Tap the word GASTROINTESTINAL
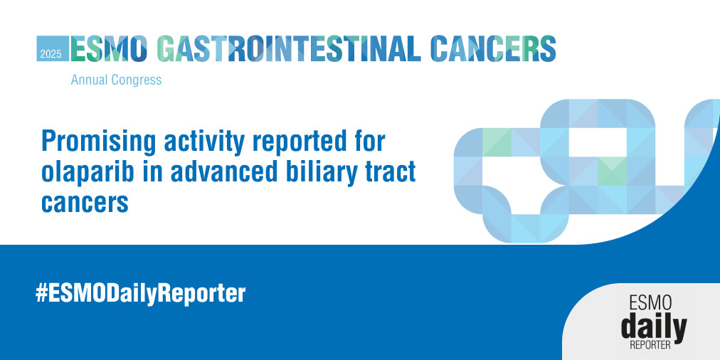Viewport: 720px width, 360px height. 289,48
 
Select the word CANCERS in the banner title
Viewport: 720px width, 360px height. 494,48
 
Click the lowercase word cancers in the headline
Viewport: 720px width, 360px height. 85,203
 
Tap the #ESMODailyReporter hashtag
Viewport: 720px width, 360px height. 140,294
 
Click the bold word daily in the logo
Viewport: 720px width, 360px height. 654,327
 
